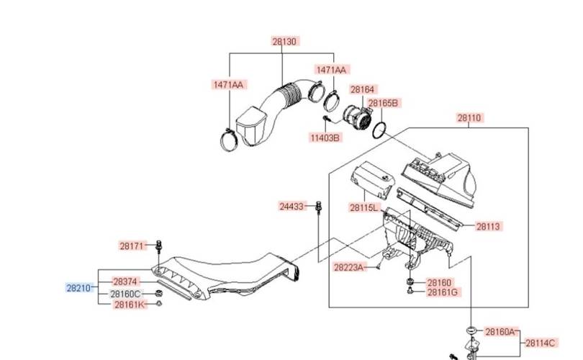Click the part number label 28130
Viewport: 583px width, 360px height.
[284, 41]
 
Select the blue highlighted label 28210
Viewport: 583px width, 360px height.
[78, 288]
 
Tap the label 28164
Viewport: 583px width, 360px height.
[363, 89]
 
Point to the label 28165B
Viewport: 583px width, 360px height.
[383, 103]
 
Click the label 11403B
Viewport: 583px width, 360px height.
[325, 138]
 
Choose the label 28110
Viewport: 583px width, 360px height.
[469, 118]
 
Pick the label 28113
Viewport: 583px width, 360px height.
[488, 226]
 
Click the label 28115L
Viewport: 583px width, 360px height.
[363, 207]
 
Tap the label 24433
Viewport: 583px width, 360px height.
[291, 207]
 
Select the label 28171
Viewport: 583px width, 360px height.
[132, 246]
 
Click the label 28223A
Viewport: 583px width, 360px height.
[348, 267]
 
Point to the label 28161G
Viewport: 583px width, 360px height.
[443, 292]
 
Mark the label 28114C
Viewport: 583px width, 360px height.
[540, 343]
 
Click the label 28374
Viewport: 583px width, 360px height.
[125, 282]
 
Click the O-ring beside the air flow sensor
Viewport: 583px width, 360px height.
[379, 130]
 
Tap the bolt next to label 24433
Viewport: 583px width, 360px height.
[318, 207]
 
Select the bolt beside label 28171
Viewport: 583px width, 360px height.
[160, 246]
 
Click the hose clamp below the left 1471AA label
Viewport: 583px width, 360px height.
[229, 140]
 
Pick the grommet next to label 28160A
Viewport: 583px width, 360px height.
[472, 330]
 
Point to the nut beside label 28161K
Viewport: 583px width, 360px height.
[159, 303]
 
